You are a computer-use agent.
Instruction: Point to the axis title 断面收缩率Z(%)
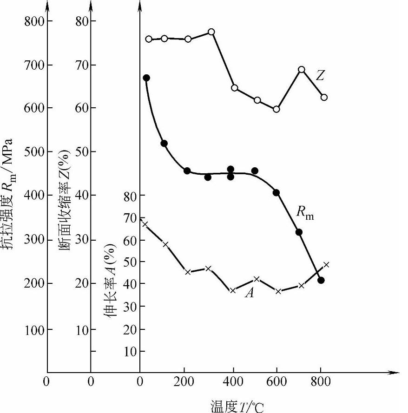[66, 200]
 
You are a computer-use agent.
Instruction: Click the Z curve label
[320, 75]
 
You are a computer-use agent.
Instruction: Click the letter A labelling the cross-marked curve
[250, 293]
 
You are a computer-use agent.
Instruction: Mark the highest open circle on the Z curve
[211, 32]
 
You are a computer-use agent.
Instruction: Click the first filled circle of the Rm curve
[146, 78]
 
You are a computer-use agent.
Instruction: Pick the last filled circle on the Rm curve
[321, 280]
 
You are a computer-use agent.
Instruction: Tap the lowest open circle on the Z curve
[276, 109]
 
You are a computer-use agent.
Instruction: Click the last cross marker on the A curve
[326, 265]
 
